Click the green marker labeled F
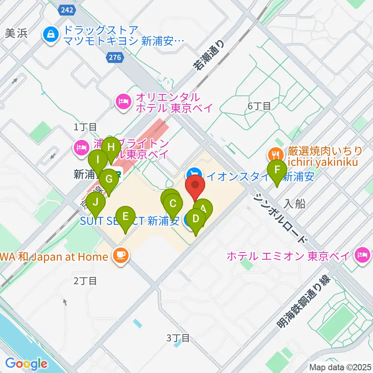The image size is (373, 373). tap(277, 170)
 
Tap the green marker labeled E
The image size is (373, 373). tap(125, 216)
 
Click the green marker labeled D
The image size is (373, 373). tap(196, 219)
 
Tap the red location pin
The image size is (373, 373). tap(195, 185)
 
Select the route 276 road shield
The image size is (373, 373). tap(115, 58)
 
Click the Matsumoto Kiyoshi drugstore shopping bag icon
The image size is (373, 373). tap(51, 35)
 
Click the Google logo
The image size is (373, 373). tap(26, 364)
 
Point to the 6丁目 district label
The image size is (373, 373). tap(259, 106)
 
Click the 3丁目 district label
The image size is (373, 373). tap(178, 338)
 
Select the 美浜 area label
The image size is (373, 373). tap(15, 33)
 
